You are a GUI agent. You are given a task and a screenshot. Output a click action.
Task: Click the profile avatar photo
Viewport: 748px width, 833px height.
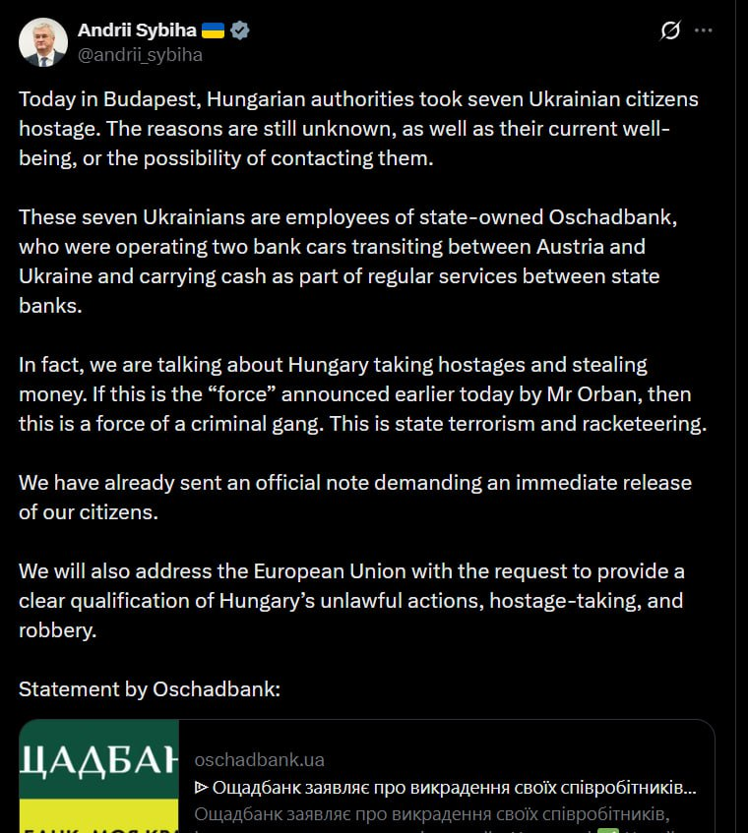click(43, 42)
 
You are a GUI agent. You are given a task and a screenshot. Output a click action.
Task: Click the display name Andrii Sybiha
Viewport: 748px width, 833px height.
click(137, 30)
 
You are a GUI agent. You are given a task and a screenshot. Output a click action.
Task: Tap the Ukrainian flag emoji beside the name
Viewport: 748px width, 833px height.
click(213, 30)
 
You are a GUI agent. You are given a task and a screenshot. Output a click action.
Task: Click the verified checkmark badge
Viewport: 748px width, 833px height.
click(240, 30)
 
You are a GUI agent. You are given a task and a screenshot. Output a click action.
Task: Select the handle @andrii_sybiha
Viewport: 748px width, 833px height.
click(140, 55)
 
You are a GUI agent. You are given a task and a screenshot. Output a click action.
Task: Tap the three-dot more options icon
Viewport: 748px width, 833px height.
click(703, 30)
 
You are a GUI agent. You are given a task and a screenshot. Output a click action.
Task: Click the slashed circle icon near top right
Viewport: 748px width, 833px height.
click(670, 30)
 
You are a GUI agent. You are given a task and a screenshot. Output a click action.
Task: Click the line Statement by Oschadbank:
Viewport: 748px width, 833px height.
click(150, 689)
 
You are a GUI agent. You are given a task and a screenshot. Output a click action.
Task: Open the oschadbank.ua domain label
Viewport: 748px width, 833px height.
click(260, 759)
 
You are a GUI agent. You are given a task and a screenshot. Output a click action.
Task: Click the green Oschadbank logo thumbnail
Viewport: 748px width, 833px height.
click(99, 777)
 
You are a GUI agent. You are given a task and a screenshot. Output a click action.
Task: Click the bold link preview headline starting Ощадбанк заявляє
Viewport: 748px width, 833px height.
click(446, 788)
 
